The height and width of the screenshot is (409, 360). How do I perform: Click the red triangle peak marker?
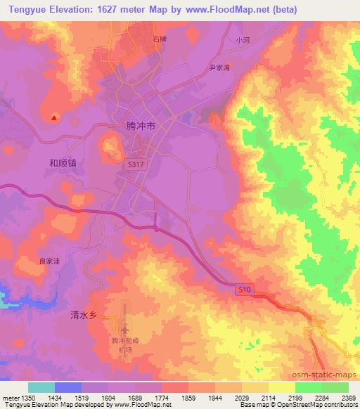pyautogui.click(x=54, y=118)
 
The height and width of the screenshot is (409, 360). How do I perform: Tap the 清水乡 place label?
pyautogui.click(x=83, y=316)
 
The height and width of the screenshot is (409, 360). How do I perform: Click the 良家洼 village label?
pyautogui.click(x=49, y=261)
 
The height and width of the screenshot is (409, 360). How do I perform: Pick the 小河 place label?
pyautogui.click(x=243, y=40)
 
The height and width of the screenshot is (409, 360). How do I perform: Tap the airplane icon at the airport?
pyautogui.click(x=125, y=328)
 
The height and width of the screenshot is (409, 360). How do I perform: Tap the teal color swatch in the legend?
pyautogui.click(x=41, y=387)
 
